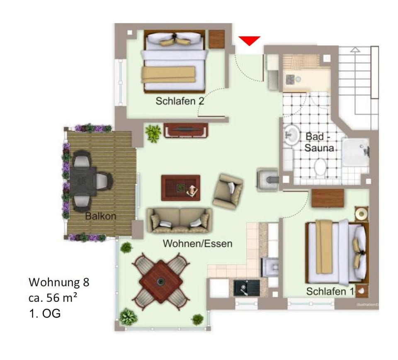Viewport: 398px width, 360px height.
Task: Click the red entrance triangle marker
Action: (x=249, y=40)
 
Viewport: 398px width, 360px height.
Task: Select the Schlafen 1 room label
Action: (x=330, y=291)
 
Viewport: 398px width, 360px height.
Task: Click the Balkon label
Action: (x=101, y=216)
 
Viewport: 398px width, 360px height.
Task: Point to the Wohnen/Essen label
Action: (x=197, y=243)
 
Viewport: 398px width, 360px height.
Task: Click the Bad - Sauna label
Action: (x=320, y=141)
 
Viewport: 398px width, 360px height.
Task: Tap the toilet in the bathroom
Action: (x=320, y=167)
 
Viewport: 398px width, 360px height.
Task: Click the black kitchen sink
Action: (x=246, y=287)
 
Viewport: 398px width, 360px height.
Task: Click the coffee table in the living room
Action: (x=181, y=187)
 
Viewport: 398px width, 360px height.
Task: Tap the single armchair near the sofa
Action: (x=228, y=191)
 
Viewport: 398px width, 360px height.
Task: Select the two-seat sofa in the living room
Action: (x=180, y=220)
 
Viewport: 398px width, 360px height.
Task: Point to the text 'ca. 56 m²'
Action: (x=53, y=298)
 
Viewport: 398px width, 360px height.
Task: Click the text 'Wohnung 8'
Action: (x=59, y=282)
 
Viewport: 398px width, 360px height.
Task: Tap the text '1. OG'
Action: (x=44, y=313)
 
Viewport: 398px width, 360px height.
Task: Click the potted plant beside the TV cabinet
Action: (x=153, y=133)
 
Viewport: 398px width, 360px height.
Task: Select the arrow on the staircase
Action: (x=355, y=49)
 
